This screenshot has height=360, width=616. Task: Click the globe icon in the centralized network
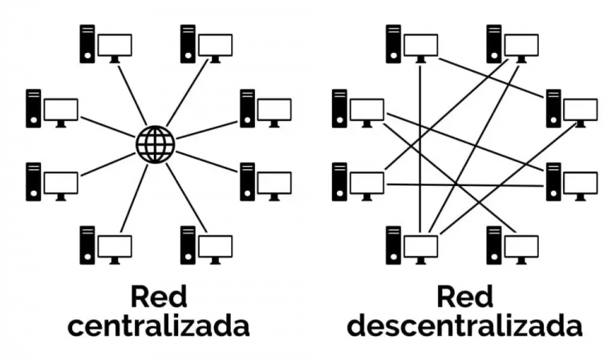[155, 144]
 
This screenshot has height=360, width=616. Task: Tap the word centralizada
[159, 326]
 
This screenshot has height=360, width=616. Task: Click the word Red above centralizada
[159, 297]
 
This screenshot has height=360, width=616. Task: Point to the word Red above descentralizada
[465, 297]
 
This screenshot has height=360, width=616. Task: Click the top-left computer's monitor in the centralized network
[114, 45]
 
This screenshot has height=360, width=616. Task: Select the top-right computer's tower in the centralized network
[188, 44]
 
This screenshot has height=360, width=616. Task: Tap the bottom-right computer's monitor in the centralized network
[216, 245]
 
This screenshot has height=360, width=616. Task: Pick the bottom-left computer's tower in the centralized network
[87, 245]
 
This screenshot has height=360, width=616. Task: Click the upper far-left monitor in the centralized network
[61, 110]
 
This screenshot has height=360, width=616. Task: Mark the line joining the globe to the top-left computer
[132, 94]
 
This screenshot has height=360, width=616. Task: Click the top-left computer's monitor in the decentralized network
[420, 45]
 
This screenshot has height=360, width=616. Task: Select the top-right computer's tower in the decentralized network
[494, 44]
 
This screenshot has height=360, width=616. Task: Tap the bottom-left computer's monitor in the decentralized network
[420, 245]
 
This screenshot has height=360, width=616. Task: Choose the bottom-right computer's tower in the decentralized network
[494, 245]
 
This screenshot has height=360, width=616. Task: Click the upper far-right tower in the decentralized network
[553, 108]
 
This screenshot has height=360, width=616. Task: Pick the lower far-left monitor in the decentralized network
[367, 183]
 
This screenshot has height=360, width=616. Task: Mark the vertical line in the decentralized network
[421, 144]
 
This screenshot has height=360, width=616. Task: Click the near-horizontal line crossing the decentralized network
[465, 185]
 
